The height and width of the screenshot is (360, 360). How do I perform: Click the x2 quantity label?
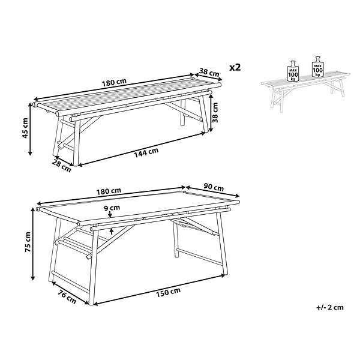(235, 67)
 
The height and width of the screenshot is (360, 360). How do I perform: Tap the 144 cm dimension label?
(146, 153)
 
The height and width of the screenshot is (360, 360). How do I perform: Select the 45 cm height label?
(25, 128)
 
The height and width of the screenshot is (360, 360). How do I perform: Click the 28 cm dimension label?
(62, 166)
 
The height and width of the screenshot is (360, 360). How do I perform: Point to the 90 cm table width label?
(214, 187)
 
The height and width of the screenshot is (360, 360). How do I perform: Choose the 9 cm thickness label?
(112, 208)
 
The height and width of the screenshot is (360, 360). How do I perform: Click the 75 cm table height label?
(28, 242)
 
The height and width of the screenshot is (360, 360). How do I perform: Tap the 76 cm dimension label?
(67, 297)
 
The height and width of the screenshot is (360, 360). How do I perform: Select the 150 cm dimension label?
(168, 293)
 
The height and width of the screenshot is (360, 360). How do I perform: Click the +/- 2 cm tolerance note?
(330, 307)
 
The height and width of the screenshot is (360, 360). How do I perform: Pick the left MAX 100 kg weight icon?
(293, 71)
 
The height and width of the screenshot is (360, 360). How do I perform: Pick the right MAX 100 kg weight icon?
(318, 67)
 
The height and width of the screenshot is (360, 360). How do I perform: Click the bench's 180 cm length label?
(114, 82)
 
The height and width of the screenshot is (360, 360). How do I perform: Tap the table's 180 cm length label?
(109, 191)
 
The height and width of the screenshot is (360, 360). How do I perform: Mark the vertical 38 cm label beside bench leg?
(215, 113)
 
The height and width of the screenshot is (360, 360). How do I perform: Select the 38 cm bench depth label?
(209, 72)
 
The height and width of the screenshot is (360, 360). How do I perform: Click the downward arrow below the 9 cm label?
(110, 214)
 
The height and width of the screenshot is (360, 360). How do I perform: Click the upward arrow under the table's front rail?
(112, 231)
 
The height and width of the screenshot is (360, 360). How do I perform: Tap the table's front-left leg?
(92, 268)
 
